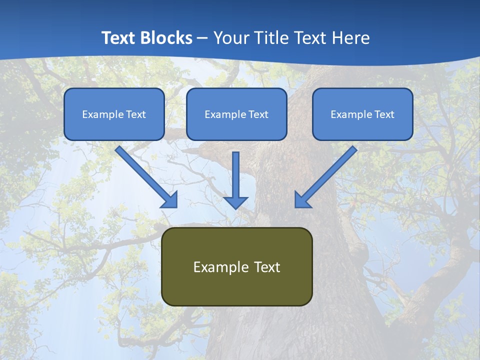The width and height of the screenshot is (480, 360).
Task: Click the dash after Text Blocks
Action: click(202, 38)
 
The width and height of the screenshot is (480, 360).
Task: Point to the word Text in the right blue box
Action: click(384, 114)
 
